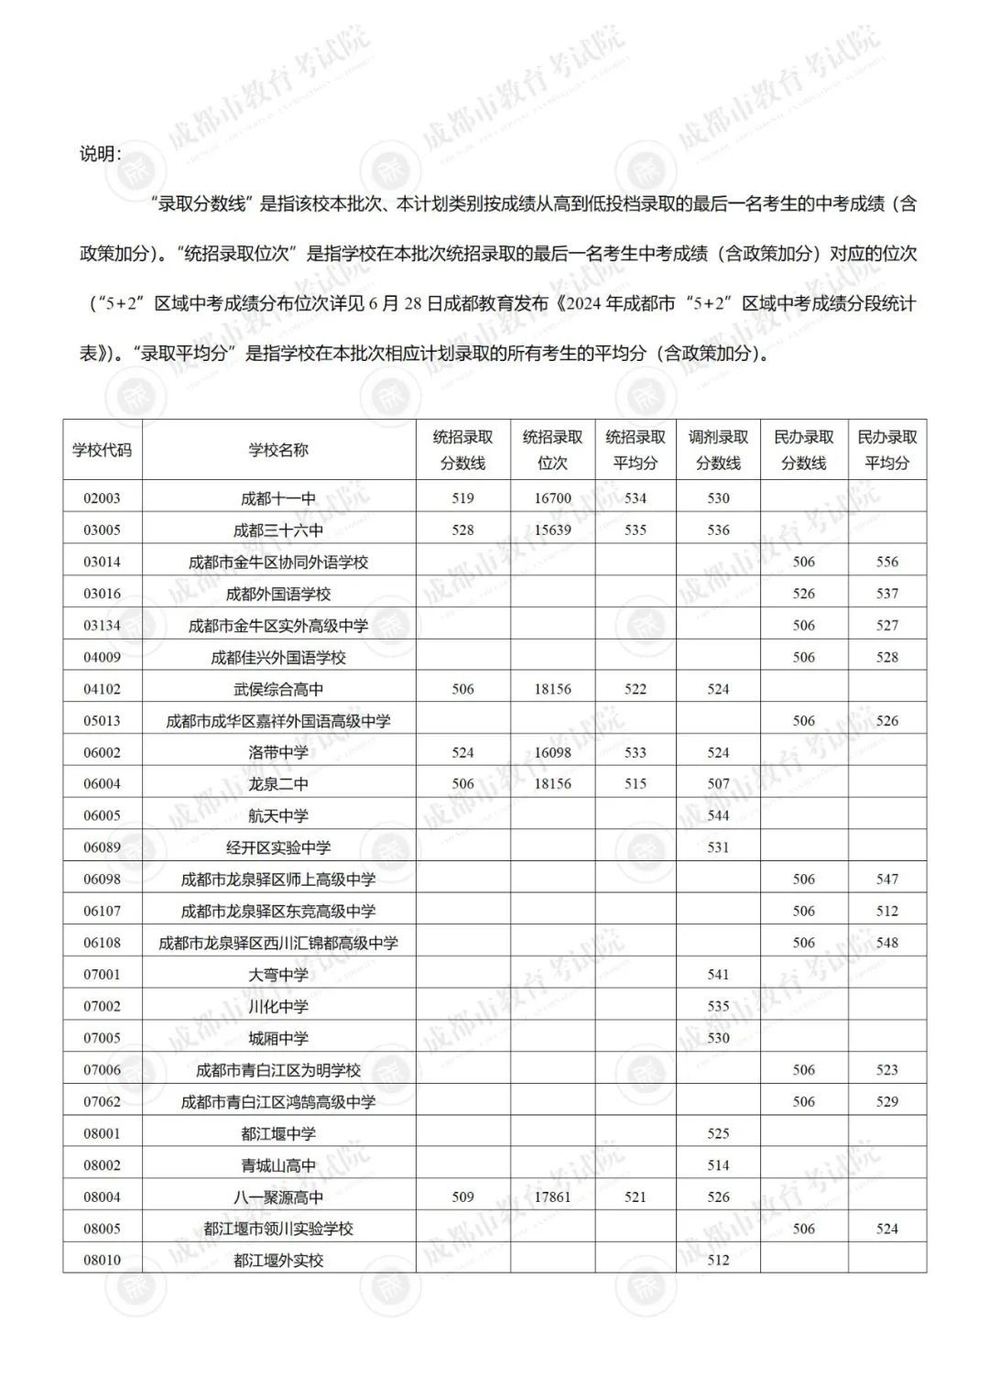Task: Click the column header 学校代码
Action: point(102,450)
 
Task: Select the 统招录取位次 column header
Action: point(552,450)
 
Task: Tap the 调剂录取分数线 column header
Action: point(718,450)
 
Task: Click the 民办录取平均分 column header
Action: point(886,450)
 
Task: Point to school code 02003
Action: point(102,498)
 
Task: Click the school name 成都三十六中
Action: point(278,530)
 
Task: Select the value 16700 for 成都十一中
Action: point(552,498)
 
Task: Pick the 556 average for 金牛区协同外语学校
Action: point(886,562)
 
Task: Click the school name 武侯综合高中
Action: point(278,689)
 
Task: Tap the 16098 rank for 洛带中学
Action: point(552,752)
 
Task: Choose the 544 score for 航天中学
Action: point(718,815)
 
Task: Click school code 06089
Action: point(102,847)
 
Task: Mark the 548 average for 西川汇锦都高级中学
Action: point(886,943)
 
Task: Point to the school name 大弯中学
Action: point(278,975)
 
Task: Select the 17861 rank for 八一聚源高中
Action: point(552,1197)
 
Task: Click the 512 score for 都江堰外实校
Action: point(718,1260)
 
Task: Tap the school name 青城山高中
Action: point(278,1165)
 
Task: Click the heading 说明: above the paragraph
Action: point(99,154)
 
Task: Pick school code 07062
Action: point(102,1101)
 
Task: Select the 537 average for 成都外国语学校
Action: point(886,594)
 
